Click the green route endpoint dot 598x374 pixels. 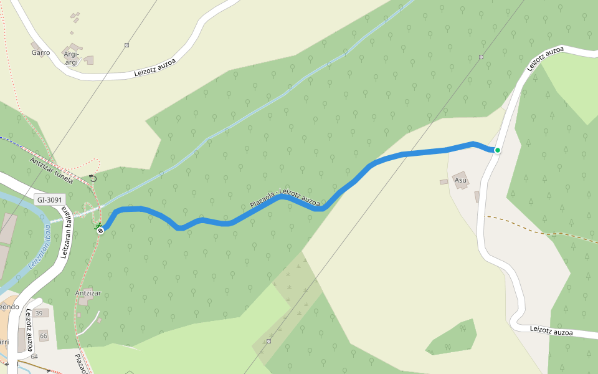(x=497, y=150)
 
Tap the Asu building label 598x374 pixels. (x=461, y=181)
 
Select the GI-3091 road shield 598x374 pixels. (x=49, y=199)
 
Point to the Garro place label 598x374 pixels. (x=40, y=53)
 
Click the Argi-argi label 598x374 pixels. (x=72, y=58)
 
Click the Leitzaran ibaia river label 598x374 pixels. (x=40, y=247)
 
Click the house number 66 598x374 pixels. (x=44, y=336)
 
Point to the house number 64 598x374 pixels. (x=34, y=357)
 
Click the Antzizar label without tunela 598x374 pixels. (x=88, y=293)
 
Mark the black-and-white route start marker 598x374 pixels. (x=100, y=231)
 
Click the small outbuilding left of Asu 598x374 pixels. (x=444, y=182)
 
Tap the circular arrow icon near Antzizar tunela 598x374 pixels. (x=93, y=178)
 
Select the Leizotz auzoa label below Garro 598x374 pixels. (x=155, y=67)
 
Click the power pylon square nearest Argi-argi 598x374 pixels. (x=126, y=45)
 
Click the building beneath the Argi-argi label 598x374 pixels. (x=89, y=60)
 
